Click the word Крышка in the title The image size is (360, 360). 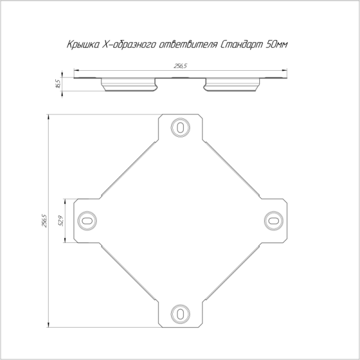83,44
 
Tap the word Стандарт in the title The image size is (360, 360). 241,44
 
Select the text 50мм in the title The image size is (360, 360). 276,44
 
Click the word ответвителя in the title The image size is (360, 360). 188,44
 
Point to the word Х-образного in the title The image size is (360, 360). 129,44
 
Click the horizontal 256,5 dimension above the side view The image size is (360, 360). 180,66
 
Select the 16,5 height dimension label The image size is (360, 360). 58,84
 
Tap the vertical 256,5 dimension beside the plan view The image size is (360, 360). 44,221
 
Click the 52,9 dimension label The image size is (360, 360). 61,221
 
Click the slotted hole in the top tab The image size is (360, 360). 180,127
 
